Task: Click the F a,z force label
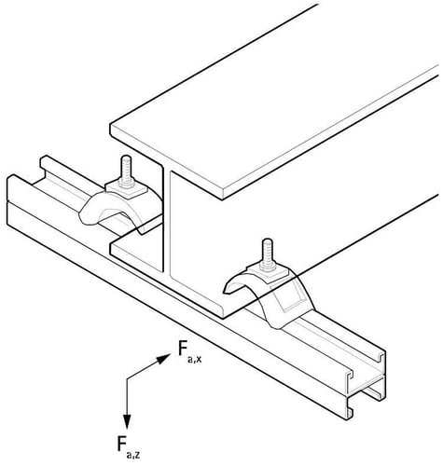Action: (129, 447)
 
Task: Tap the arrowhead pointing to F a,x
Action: (162, 358)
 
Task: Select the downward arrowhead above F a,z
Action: (127, 422)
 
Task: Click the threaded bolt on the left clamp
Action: (126, 171)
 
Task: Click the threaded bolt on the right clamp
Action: (268, 254)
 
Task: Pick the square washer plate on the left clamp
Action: (126, 189)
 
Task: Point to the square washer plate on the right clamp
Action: (268, 272)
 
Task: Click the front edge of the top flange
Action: (166, 161)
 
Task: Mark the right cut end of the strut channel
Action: (367, 385)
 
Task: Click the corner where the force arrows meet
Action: (127, 378)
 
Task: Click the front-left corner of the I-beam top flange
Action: (110, 125)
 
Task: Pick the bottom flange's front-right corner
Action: (223, 318)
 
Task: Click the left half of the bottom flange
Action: (137, 252)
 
